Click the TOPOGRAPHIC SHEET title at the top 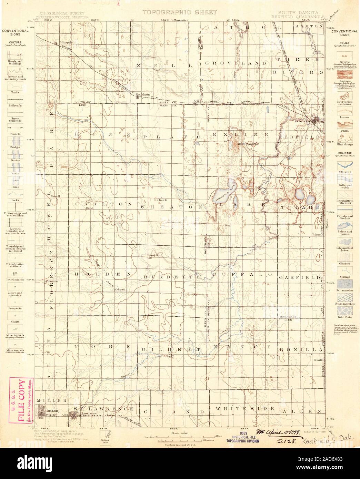(x=180, y=12)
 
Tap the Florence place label (x=51, y=282)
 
